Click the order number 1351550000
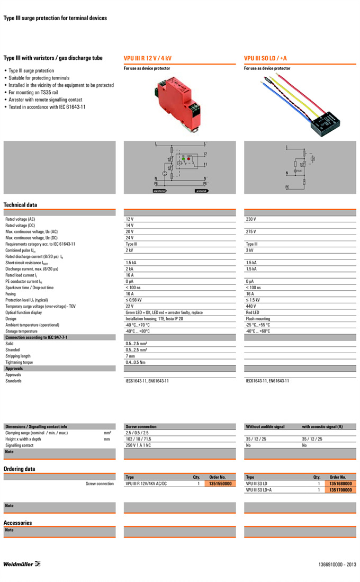click(221, 484)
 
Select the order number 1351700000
click(340, 490)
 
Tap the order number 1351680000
click(340, 484)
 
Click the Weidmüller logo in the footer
click(22, 563)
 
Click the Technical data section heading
click(20, 205)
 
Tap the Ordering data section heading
click(20, 469)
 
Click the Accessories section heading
click(17, 523)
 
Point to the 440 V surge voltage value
click(251, 306)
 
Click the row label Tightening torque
click(19, 362)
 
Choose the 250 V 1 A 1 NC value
click(138, 445)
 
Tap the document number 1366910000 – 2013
click(338, 565)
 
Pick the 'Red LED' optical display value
click(253, 312)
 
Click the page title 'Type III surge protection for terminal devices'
click(55, 18)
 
